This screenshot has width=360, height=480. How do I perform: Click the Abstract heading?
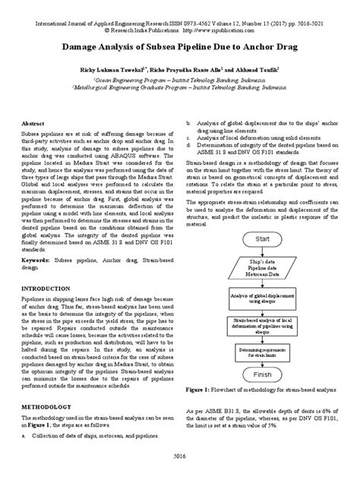(33, 122)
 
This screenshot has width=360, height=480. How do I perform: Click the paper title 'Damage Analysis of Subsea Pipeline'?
(179, 46)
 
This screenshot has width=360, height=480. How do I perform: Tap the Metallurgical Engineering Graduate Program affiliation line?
(179, 88)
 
